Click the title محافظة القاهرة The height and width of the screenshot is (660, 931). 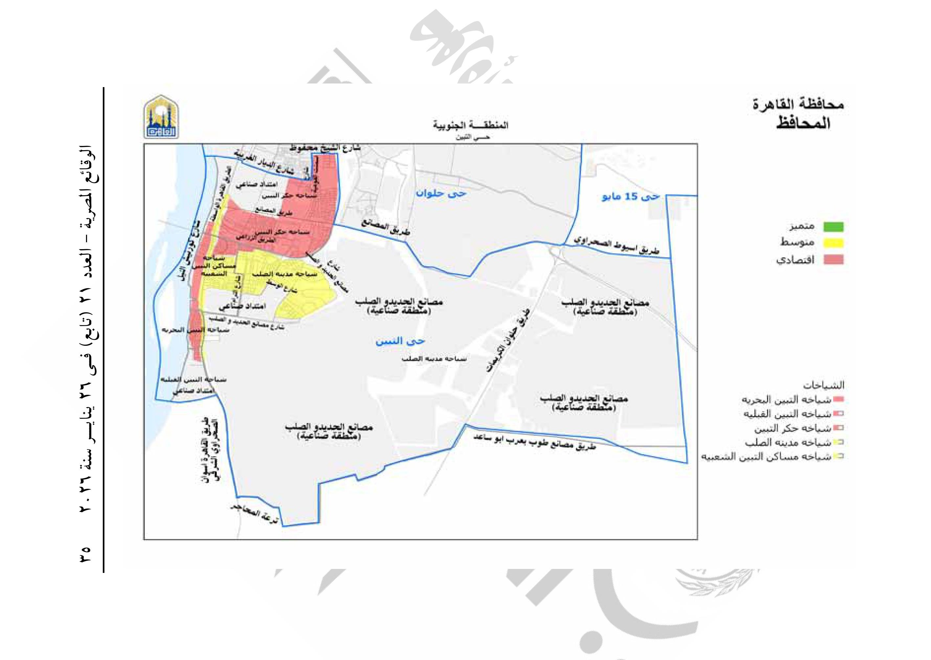click(x=798, y=105)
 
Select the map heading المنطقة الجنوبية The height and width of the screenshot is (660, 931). click(x=470, y=125)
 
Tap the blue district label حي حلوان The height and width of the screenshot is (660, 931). click(x=441, y=194)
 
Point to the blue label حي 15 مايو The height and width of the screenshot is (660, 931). click(x=630, y=198)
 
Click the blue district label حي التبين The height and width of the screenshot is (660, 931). click(x=400, y=341)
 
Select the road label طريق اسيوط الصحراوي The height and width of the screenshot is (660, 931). click(x=616, y=246)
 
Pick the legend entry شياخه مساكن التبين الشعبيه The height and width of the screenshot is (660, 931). click(x=766, y=457)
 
